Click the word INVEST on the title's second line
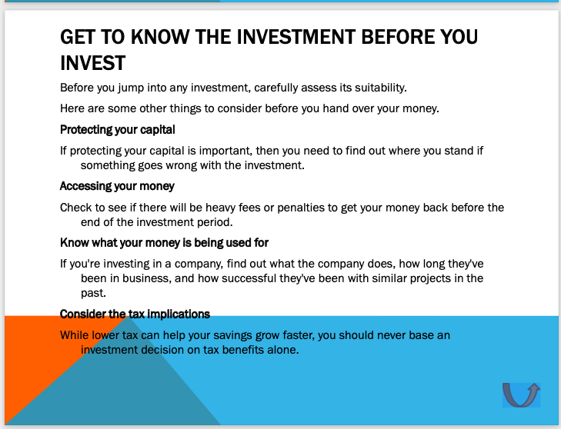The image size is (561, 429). tap(92, 62)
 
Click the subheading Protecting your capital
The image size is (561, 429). tap(118, 129)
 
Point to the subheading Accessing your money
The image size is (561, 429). tap(117, 186)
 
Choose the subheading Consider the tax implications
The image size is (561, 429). tap(135, 314)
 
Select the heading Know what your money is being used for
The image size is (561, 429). tap(164, 243)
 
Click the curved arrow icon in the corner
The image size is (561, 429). tap(521, 394)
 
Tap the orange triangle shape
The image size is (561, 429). tap(31, 361)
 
